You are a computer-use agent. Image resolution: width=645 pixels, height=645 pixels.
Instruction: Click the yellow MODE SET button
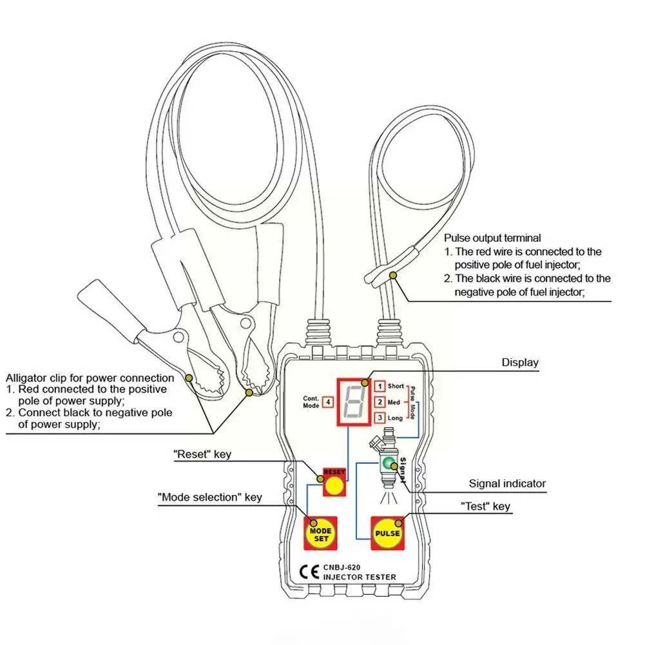click(320, 534)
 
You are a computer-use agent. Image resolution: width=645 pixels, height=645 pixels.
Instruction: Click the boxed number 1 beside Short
click(380, 386)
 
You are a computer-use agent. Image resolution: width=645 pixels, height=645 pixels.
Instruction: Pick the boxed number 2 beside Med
click(380, 402)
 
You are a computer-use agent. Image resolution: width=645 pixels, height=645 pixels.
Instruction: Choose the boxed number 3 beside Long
click(380, 418)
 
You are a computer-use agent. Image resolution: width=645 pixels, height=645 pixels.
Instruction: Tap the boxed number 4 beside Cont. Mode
click(329, 402)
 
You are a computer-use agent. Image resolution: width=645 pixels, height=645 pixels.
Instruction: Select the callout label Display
click(520, 362)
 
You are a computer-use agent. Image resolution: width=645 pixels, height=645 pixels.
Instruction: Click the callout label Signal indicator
click(507, 483)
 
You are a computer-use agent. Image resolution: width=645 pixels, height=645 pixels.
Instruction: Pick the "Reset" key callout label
click(202, 454)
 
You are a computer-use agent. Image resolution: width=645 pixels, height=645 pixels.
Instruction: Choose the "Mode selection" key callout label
click(210, 497)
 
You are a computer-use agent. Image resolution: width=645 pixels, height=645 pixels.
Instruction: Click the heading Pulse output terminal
click(492, 238)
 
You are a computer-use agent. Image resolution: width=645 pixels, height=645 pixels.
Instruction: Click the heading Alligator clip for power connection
click(90, 378)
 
